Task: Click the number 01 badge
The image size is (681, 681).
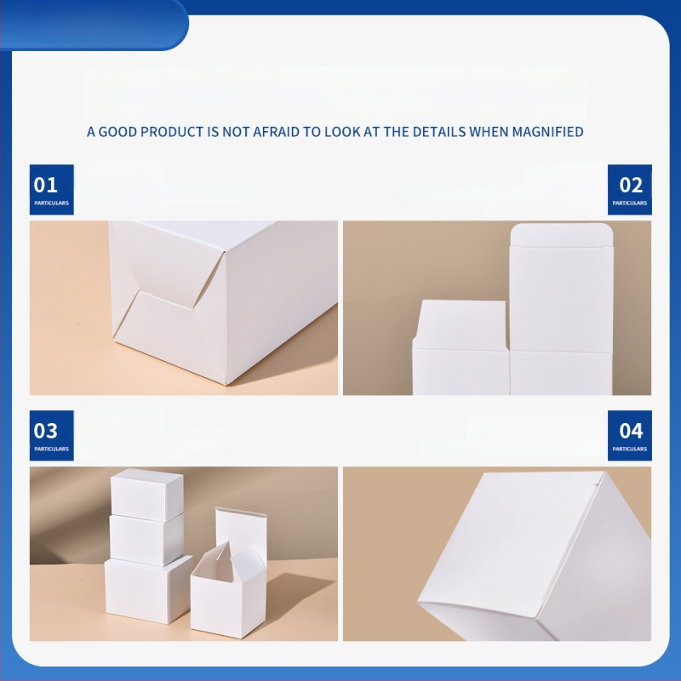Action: [52, 189]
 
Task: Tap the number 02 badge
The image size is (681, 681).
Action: [629, 189]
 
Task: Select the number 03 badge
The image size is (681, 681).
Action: [52, 435]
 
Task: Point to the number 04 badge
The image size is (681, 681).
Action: [629, 435]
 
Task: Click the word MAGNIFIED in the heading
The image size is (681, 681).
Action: [547, 132]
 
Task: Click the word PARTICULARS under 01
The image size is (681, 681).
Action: [52, 203]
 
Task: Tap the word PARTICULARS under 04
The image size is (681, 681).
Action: [630, 449]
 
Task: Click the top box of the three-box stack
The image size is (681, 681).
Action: [146, 494]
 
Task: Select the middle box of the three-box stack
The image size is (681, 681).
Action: [146, 540]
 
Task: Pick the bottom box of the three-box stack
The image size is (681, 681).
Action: [148, 590]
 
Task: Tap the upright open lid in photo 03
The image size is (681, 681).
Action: [241, 530]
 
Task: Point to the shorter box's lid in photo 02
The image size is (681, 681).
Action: [461, 324]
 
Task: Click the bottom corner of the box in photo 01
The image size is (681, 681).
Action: [227, 385]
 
